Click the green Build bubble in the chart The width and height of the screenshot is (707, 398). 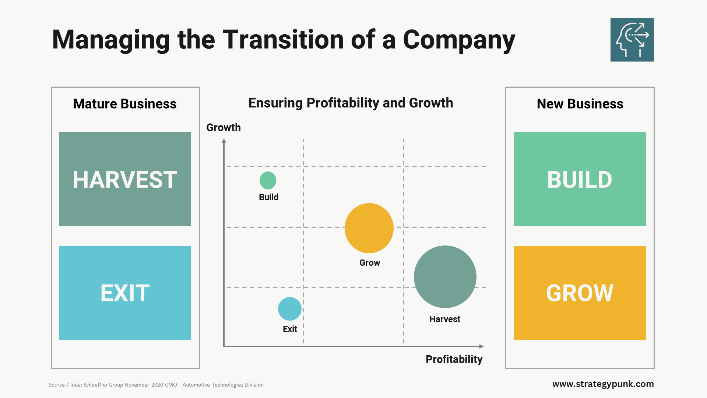click(268, 180)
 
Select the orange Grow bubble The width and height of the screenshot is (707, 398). click(369, 228)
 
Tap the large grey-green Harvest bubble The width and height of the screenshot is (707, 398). click(445, 277)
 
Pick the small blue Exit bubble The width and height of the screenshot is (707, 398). click(290, 309)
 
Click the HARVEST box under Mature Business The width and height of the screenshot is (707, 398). click(125, 179)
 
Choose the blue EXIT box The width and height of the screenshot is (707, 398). click(125, 293)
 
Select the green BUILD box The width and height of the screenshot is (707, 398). click(580, 179)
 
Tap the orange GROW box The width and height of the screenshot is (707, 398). click(580, 293)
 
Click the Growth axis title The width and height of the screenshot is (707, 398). click(223, 128)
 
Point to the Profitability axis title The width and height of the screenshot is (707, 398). click(454, 359)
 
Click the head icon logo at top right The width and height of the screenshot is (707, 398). click(632, 40)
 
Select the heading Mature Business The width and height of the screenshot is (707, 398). click(125, 104)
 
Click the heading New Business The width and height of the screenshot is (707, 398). click(580, 104)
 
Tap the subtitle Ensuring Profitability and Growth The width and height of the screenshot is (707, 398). click(351, 103)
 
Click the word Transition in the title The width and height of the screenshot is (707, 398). click(283, 39)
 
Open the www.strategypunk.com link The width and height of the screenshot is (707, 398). click(603, 384)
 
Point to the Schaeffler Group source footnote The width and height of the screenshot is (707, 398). click(156, 385)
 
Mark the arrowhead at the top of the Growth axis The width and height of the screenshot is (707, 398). click(224, 140)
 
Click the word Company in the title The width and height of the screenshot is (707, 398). click(459, 39)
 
